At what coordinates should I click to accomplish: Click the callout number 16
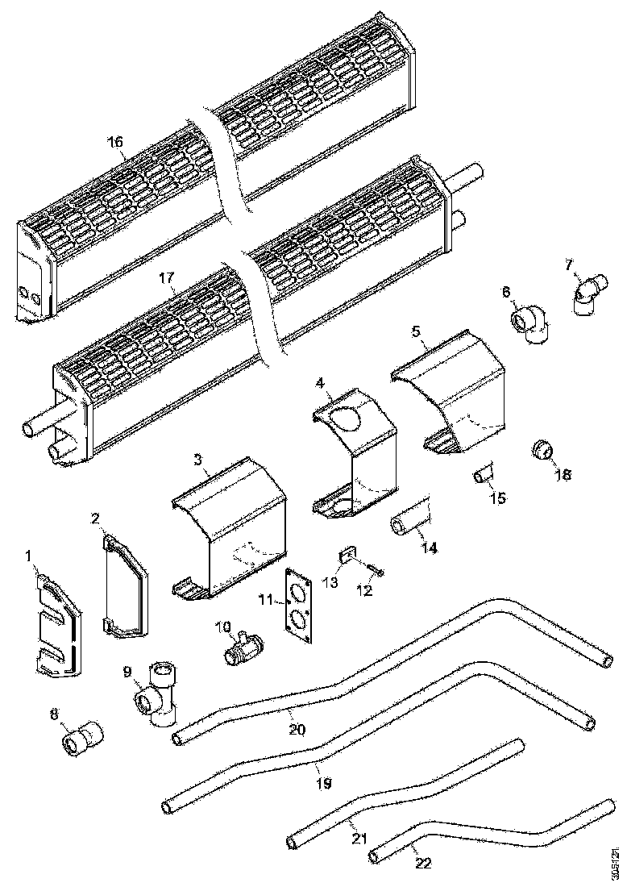point(115,142)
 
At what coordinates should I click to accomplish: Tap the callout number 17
point(166,278)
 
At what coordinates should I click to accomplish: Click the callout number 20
point(297,729)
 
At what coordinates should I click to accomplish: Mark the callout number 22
point(423,864)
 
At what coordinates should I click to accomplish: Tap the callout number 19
point(322,782)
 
